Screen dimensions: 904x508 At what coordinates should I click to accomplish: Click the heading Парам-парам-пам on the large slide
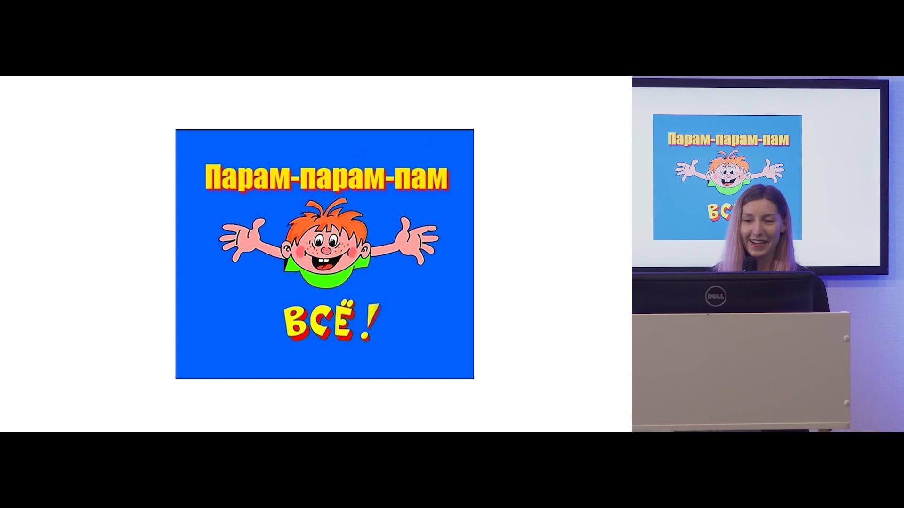[326, 178]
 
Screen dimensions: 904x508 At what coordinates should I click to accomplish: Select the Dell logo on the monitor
[716, 296]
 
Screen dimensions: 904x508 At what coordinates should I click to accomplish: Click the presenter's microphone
[749, 264]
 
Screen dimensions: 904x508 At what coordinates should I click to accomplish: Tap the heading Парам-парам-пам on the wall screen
[728, 139]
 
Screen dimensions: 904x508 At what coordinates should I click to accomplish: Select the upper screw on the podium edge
[846, 339]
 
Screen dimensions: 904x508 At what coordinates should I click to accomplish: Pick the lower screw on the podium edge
[846, 403]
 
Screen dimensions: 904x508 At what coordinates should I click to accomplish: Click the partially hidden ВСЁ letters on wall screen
[718, 212]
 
